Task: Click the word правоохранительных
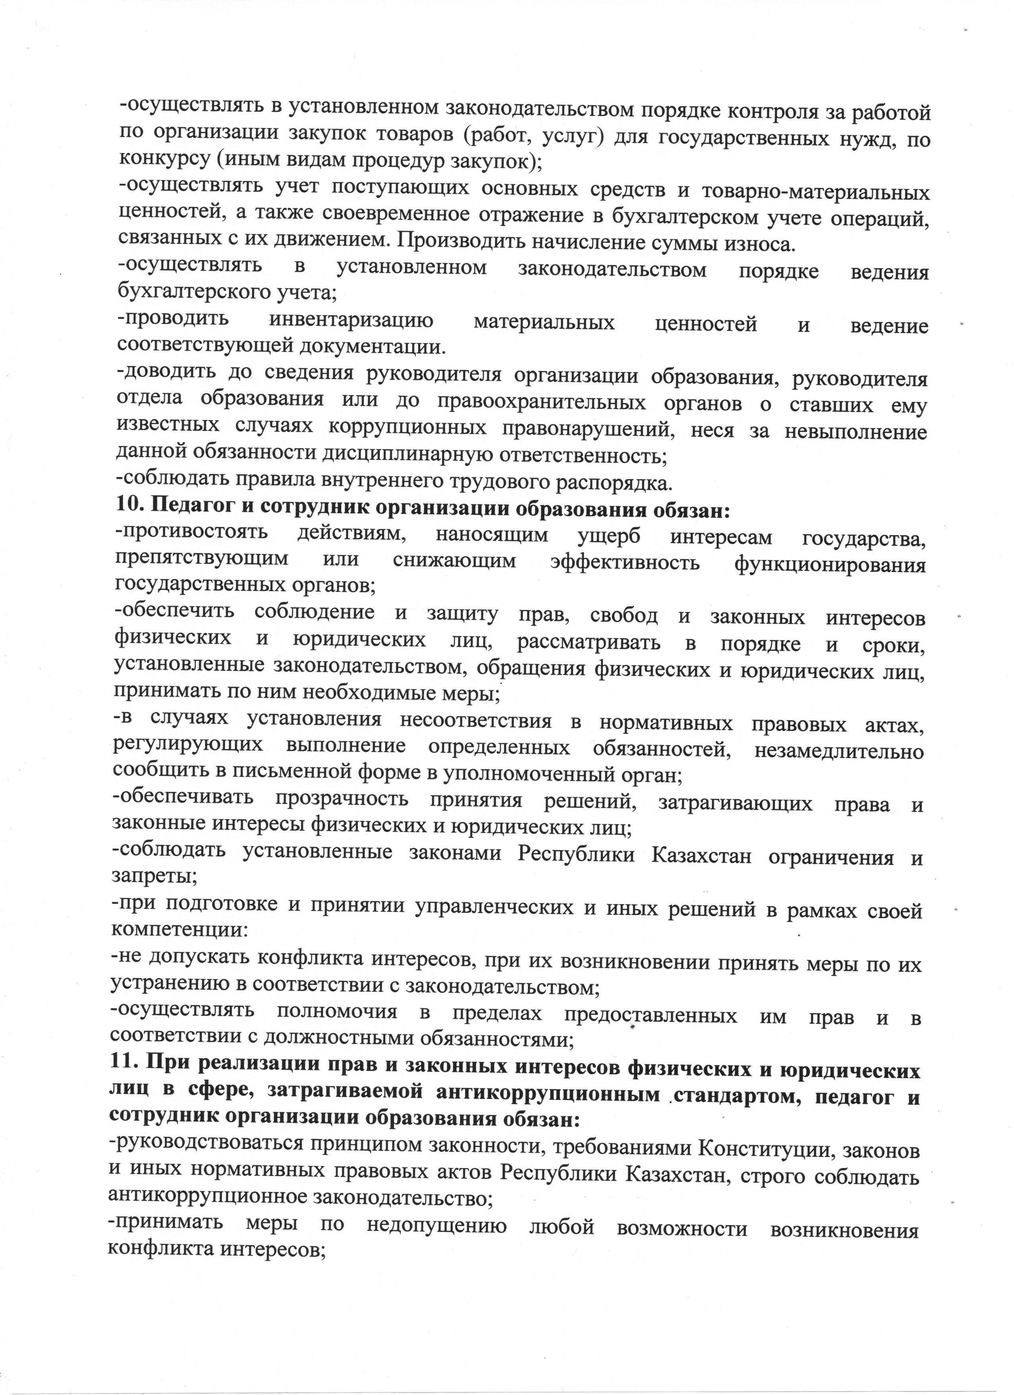click(x=542, y=403)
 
